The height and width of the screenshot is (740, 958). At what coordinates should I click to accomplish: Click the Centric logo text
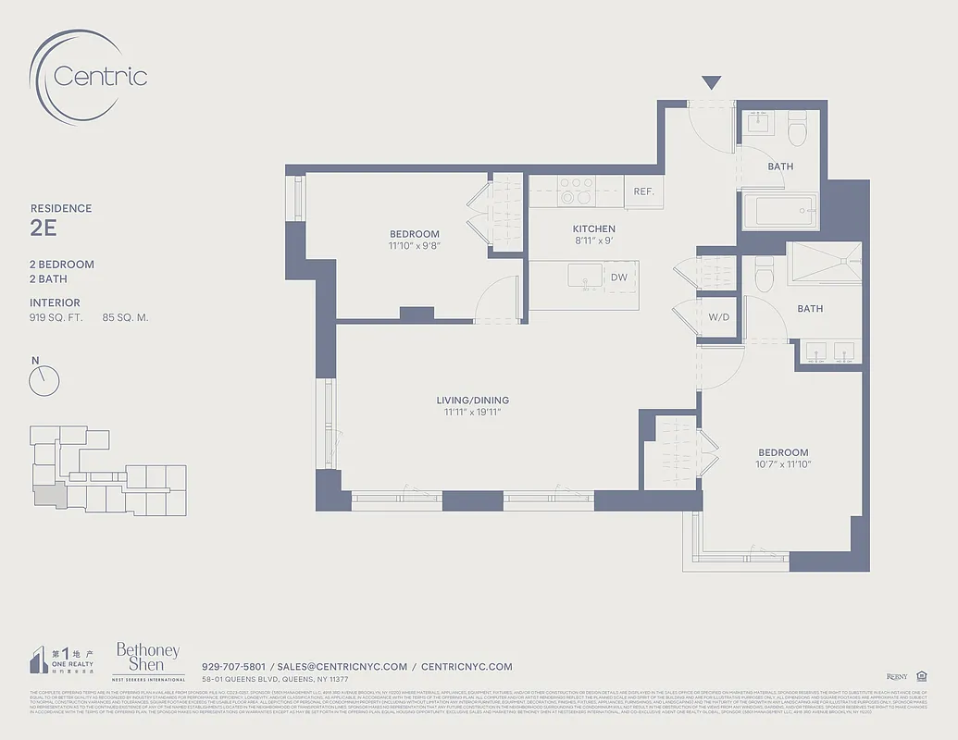click(100, 76)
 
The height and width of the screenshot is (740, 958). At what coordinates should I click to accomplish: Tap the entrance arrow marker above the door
click(710, 82)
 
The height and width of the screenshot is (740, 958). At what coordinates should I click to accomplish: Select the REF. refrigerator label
click(644, 191)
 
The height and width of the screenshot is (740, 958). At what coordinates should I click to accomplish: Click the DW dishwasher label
click(619, 277)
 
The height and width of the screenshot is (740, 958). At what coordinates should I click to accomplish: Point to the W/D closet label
click(719, 316)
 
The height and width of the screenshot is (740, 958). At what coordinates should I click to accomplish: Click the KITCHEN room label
click(593, 228)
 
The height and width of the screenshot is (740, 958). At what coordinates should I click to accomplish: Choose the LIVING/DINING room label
click(472, 401)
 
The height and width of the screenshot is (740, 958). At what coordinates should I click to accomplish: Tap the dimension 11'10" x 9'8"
click(414, 247)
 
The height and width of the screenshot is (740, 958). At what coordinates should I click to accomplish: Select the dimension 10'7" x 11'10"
click(782, 464)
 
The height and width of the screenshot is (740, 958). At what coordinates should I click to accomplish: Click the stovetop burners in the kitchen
click(576, 191)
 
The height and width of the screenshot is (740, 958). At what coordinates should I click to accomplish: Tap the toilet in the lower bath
click(765, 273)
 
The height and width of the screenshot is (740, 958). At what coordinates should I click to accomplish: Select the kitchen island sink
click(585, 277)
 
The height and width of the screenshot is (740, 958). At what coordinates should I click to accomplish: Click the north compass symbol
click(44, 378)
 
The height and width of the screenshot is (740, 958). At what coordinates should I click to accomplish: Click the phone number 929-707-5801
click(233, 666)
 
